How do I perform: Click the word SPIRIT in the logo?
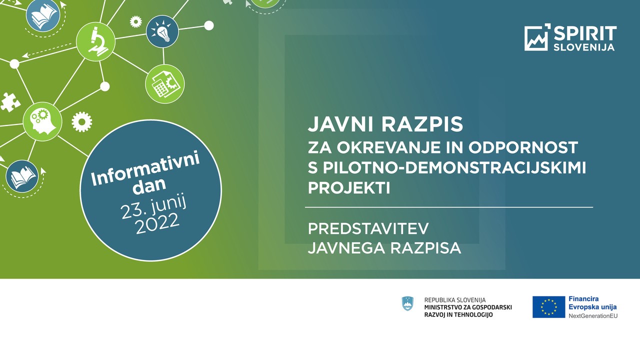coord(585,33)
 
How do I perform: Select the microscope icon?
coord(95,41)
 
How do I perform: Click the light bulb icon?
coord(162,31)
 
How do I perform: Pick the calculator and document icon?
coord(165,84)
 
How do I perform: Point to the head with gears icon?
coord(42,121)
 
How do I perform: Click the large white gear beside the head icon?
coord(81,121)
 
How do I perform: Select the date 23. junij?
coord(153,207)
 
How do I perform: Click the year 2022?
coord(157,224)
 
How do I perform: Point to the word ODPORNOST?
coord(523,147)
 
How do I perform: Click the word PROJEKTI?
coord(349,188)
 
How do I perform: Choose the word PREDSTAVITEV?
coord(368,228)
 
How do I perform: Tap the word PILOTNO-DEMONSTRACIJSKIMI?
coord(454,167)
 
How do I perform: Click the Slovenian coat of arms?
coord(407,303)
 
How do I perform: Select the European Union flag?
coord(548,307)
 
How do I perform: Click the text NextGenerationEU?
coord(593,315)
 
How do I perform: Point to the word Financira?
coord(583,299)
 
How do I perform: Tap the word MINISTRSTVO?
coord(443,307)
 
